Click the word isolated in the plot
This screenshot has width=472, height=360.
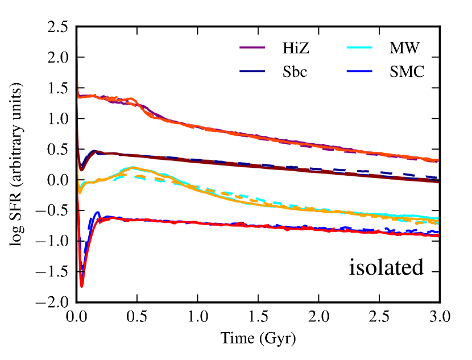[x=387, y=267]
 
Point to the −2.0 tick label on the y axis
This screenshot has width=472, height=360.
[x=55, y=303]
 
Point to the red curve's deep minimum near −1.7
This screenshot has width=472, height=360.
[x=82, y=285]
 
